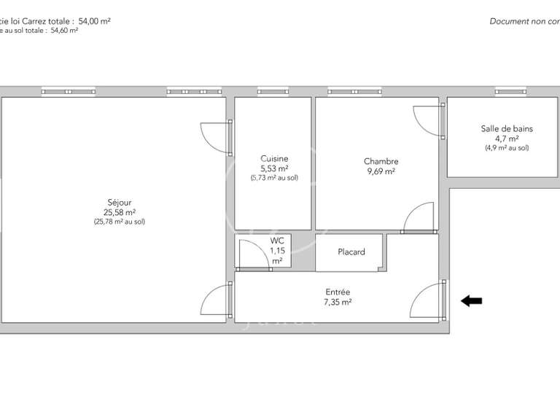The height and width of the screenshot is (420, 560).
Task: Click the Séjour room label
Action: (119, 202)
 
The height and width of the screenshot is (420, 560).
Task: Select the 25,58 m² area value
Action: (119, 212)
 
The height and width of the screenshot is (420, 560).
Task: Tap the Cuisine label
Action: (274, 158)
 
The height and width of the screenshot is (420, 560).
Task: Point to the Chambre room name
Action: (381, 161)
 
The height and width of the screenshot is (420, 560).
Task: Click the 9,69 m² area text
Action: (381, 171)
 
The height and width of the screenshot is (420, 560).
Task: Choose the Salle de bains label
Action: (507, 128)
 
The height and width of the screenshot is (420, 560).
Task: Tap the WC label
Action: (277, 240)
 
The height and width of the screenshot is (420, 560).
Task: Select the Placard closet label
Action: (351, 252)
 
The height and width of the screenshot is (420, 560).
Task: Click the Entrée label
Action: (338, 292)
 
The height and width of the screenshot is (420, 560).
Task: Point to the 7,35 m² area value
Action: (338, 301)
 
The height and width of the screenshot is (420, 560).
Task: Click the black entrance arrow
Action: (471, 300)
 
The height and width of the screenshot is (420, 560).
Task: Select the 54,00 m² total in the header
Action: (94, 21)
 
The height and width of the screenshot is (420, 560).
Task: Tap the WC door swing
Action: (253, 254)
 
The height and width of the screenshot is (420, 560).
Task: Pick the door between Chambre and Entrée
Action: (420, 218)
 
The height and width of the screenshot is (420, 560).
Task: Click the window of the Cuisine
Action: (273, 92)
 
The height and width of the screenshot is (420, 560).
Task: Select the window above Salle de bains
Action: (510, 92)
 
